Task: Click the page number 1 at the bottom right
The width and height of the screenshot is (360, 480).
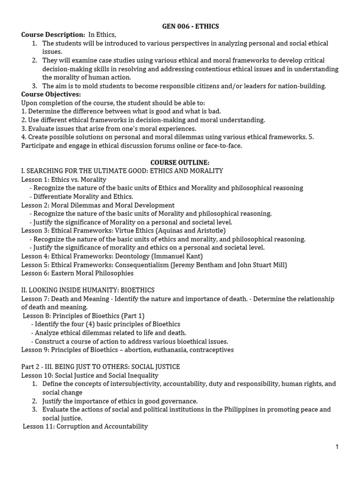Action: click(x=337, y=447)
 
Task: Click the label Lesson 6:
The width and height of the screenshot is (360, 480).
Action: click(x=35, y=273)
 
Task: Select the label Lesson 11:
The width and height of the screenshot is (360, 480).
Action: click(x=38, y=427)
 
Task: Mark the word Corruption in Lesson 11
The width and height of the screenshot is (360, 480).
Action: click(x=72, y=427)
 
